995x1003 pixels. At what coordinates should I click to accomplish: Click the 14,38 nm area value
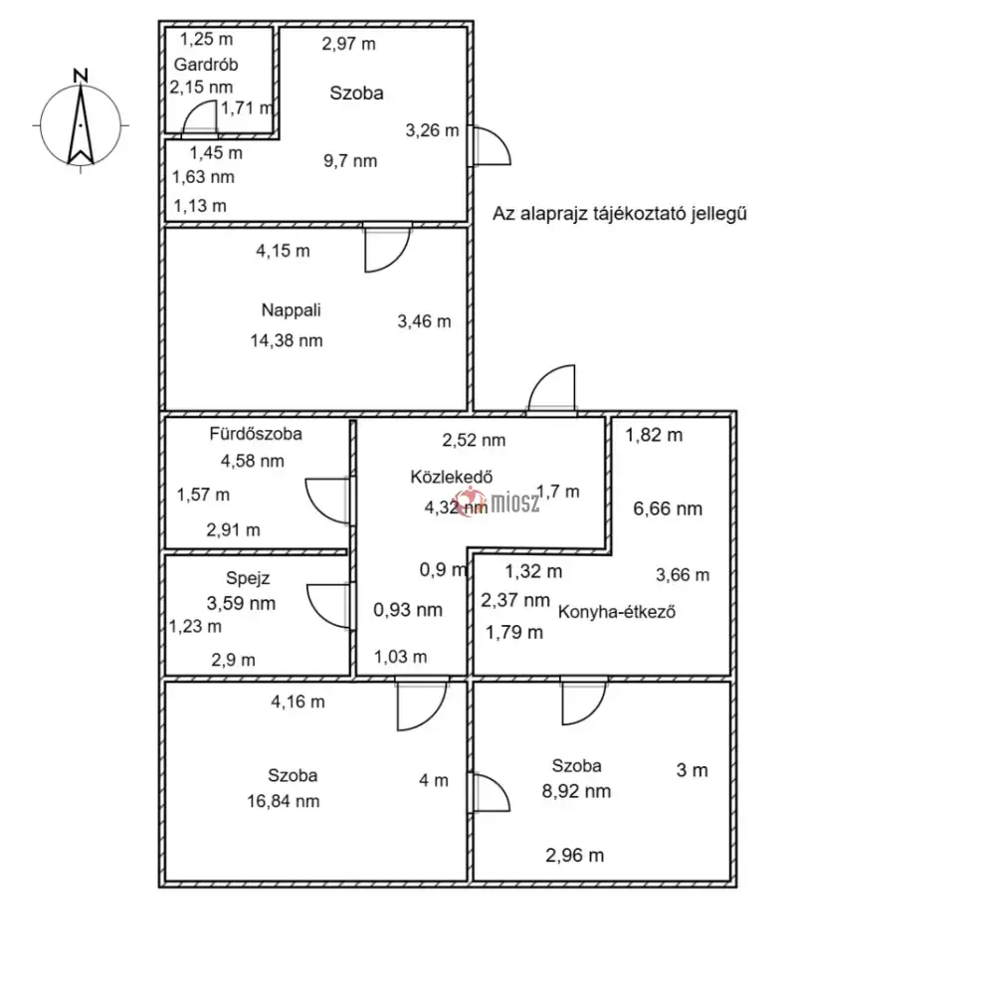tap(287, 340)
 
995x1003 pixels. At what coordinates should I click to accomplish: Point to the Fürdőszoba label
tap(256, 434)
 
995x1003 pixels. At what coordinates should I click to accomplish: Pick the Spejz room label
tap(241, 576)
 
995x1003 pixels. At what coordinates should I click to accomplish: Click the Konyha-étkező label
tap(618, 612)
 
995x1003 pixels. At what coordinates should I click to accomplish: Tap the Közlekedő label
tap(447, 476)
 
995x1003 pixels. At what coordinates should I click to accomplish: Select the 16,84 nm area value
tap(284, 801)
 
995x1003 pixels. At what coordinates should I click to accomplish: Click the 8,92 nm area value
tap(575, 792)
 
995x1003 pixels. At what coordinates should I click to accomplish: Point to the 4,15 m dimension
tap(283, 252)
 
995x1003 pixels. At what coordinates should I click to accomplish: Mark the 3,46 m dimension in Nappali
tap(423, 321)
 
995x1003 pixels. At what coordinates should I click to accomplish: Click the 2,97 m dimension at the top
tap(348, 44)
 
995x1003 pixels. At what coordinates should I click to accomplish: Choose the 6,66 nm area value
tap(668, 508)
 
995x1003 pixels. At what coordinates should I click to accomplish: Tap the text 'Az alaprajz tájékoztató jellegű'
tap(620, 214)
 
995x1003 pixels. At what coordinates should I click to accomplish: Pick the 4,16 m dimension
tap(298, 702)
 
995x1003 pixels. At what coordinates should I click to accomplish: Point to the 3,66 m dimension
tap(682, 575)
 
